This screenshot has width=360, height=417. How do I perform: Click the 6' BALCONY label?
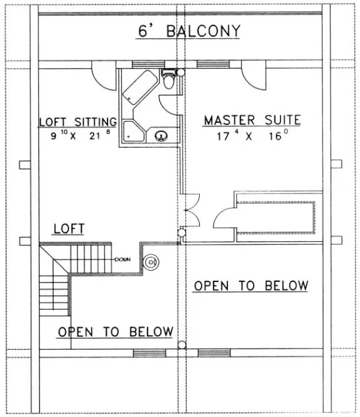(180, 31)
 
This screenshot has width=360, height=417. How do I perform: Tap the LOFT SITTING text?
(77, 121)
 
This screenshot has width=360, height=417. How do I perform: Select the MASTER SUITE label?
(251, 119)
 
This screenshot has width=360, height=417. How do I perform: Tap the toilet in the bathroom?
(168, 81)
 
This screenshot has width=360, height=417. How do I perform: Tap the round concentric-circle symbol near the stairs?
(151, 263)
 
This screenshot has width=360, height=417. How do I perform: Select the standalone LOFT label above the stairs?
(68, 229)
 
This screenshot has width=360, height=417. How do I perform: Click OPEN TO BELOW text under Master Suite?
(251, 286)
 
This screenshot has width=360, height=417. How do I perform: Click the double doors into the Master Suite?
(191, 214)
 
